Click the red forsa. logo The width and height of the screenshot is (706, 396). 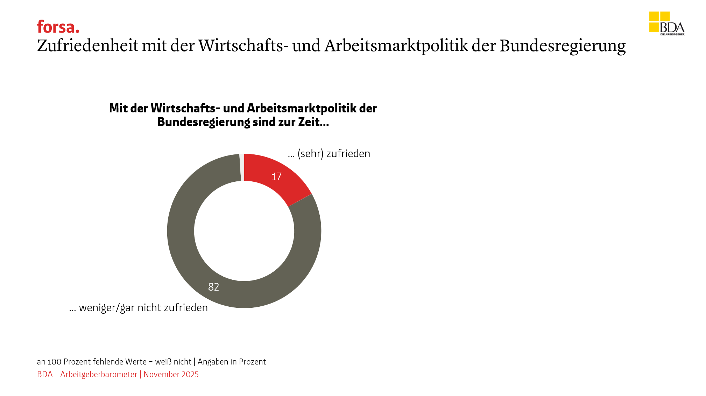coord(58,27)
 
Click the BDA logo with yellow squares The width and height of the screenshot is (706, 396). coord(666,23)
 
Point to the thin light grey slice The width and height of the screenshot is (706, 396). coord(242,167)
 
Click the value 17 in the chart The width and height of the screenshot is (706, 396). coord(276,176)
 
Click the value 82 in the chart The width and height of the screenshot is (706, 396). coord(213,287)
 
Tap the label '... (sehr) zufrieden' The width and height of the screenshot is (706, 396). coord(329,154)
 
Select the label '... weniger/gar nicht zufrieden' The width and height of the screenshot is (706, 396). coord(139,308)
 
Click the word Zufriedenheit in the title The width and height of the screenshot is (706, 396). coord(87,46)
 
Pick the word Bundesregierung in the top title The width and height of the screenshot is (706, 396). coord(562,46)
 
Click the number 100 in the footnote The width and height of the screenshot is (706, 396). coord(54,362)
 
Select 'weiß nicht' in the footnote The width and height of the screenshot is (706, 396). coord(173,362)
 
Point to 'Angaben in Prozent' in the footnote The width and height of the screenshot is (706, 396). coord(232,362)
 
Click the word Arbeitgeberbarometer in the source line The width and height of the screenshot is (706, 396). coord(99,374)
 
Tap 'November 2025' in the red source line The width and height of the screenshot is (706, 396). coord(171,374)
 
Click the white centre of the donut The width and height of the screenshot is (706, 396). coord(244,231)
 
